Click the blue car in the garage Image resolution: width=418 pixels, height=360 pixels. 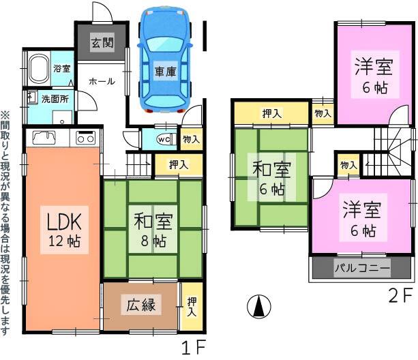(165, 60)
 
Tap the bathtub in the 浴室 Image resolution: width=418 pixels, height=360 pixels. (39, 69)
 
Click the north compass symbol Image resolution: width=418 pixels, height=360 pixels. (259, 306)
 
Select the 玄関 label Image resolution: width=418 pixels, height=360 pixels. (102, 42)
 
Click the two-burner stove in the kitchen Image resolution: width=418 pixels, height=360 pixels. (85, 138)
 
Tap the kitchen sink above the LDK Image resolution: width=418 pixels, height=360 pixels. (44, 138)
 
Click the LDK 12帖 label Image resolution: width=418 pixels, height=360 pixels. (64, 230)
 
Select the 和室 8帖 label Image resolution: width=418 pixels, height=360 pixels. (153, 229)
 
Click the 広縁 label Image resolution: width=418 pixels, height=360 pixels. (140, 305)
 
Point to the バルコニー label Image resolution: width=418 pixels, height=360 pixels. (362, 268)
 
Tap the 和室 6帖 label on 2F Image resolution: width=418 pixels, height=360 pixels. (271, 177)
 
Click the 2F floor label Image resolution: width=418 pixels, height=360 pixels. (400, 297)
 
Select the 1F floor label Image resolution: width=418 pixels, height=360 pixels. (194, 348)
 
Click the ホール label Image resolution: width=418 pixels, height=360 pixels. (102, 81)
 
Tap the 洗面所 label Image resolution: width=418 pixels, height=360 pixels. (55, 99)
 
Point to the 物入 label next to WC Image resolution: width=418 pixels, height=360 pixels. (192, 139)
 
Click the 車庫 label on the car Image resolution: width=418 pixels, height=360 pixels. (166, 72)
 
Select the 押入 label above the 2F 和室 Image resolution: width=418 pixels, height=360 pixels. (271, 114)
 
